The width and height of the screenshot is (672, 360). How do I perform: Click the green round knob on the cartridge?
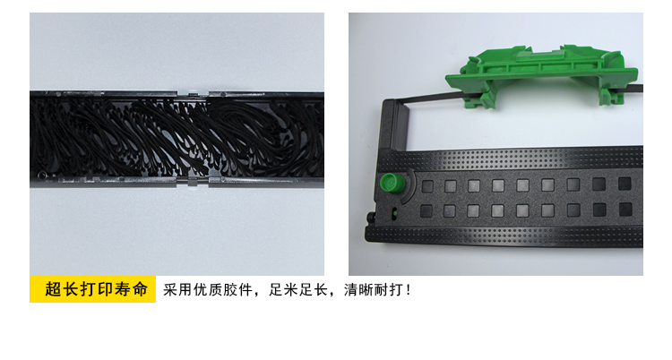pos(392,183)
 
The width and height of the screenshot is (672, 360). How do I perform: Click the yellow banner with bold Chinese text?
pos(92,289)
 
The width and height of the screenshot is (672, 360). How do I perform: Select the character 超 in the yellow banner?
pos(53,289)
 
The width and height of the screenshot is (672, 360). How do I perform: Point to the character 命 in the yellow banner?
pos(140,289)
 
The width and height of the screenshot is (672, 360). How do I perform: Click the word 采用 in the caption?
pos(177,290)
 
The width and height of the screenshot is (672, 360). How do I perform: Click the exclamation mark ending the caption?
pos(408,290)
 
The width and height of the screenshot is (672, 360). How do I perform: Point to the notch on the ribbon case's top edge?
pos(193,92)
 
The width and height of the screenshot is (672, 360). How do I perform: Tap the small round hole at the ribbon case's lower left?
pos(41,175)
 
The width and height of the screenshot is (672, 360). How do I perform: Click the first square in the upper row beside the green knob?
pos(427,186)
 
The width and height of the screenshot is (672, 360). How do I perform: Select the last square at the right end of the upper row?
pos(625,184)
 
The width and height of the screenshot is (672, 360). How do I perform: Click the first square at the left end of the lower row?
pos(426,210)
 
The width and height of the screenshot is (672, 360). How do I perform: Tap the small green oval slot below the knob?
pos(394,211)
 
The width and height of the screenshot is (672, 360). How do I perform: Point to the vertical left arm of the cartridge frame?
pos(390,125)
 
